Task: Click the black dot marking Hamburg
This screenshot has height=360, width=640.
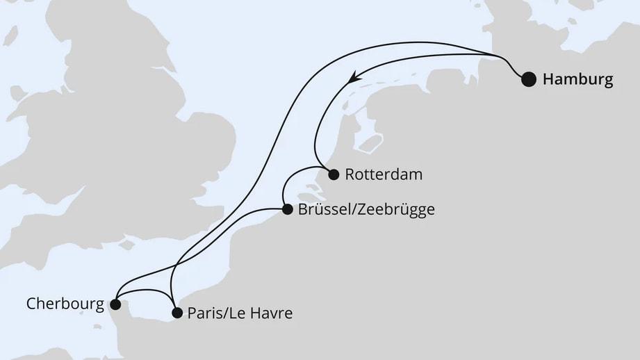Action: click(529, 79)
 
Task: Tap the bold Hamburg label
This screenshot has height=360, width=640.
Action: click(577, 80)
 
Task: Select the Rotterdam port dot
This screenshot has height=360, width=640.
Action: click(334, 174)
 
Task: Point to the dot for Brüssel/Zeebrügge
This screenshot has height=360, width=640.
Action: click(288, 208)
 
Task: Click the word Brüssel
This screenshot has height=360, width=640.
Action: click(324, 209)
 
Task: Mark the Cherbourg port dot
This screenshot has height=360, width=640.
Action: click(115, 304)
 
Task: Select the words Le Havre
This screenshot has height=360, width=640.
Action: click(264, 313)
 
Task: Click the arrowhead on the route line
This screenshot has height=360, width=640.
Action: click(354, 78)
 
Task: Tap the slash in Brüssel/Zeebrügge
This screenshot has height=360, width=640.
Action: click(352, 209)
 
